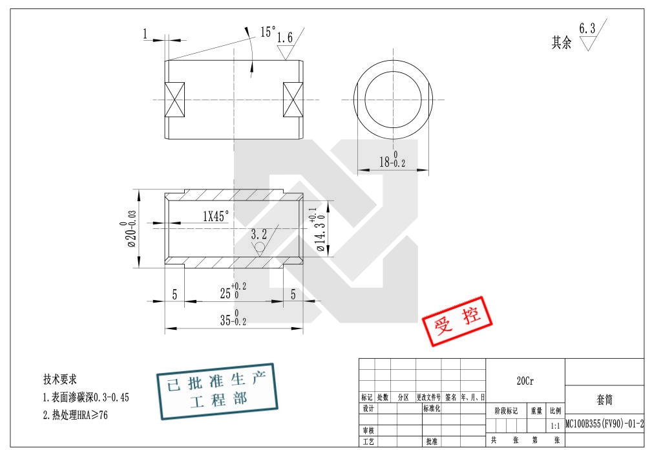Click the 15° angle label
(268, 31)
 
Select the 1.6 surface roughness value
(284, 38)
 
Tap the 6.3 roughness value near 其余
(587, 28)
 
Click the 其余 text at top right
(561, 43)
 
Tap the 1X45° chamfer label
(216, 217)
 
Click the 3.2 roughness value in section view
(258, 233)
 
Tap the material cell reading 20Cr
(525, 381)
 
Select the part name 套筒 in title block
(604, 401)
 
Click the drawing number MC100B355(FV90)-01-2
(604, 424)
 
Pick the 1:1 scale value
(555, 426)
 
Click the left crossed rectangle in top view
(175, 100)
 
